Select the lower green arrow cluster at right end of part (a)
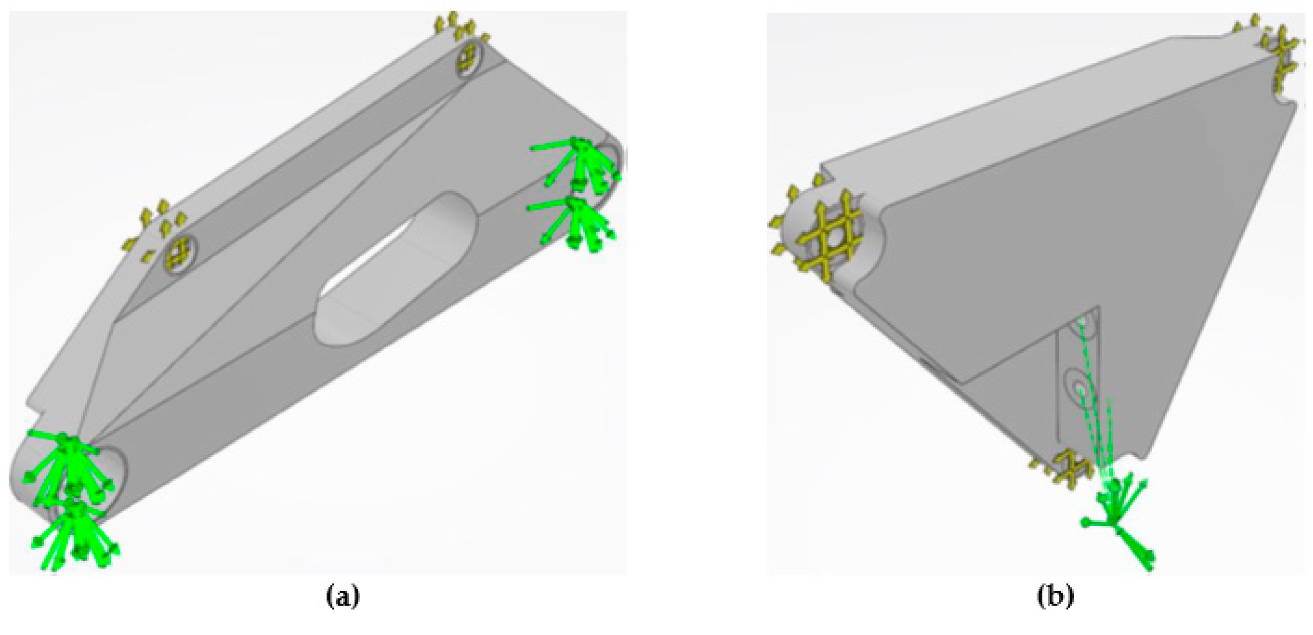pyautogui.click(x=576, y=224)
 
